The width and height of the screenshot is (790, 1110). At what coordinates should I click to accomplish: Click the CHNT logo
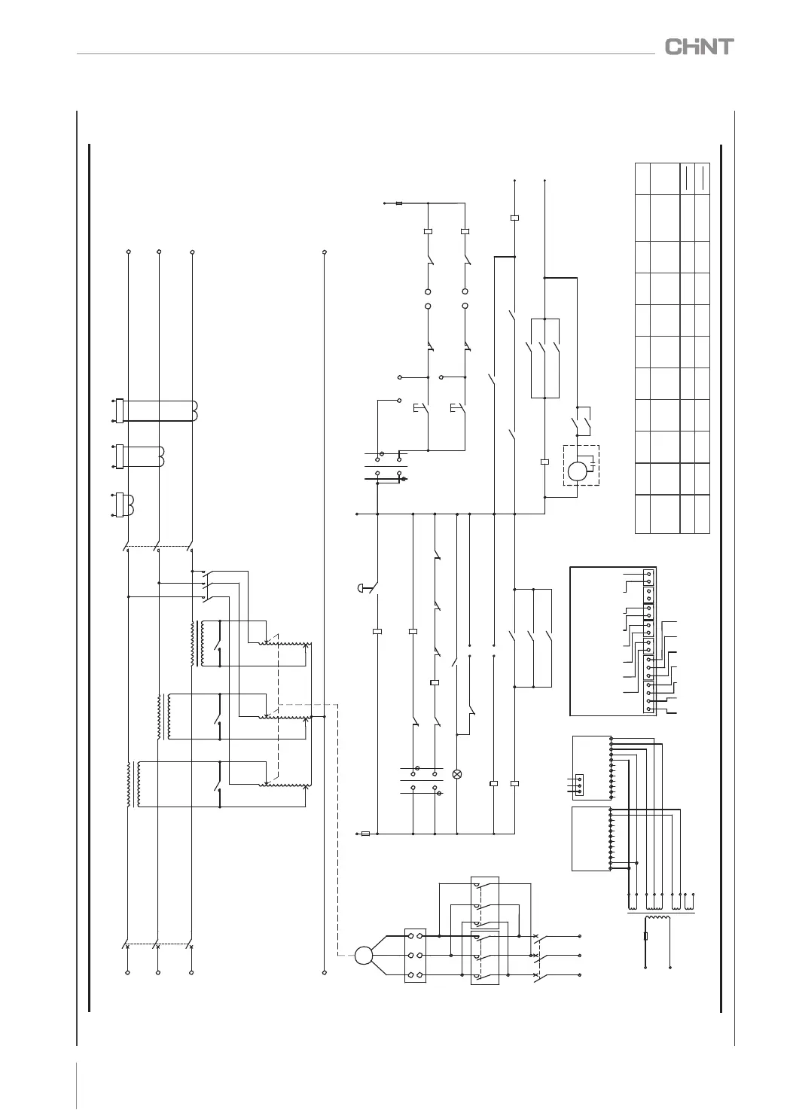(x=699, y=47)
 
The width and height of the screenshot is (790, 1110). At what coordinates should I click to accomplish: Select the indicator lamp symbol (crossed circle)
(x=456, y=774)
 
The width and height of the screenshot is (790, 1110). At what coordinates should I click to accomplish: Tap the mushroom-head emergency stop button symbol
(x=359, y=587)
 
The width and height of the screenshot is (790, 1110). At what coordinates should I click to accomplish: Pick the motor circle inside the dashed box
(x=577, y=471)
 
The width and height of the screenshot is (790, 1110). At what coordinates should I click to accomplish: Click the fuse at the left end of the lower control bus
(x=366, y=834)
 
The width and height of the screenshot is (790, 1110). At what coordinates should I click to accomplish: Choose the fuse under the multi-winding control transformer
(x=647, y=938)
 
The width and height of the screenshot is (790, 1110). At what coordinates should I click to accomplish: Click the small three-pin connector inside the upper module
(x=578, y=784)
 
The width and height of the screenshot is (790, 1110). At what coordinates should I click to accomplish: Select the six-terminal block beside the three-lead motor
(x=415, y=956)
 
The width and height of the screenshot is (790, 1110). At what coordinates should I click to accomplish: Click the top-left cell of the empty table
(x=642, y=178)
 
